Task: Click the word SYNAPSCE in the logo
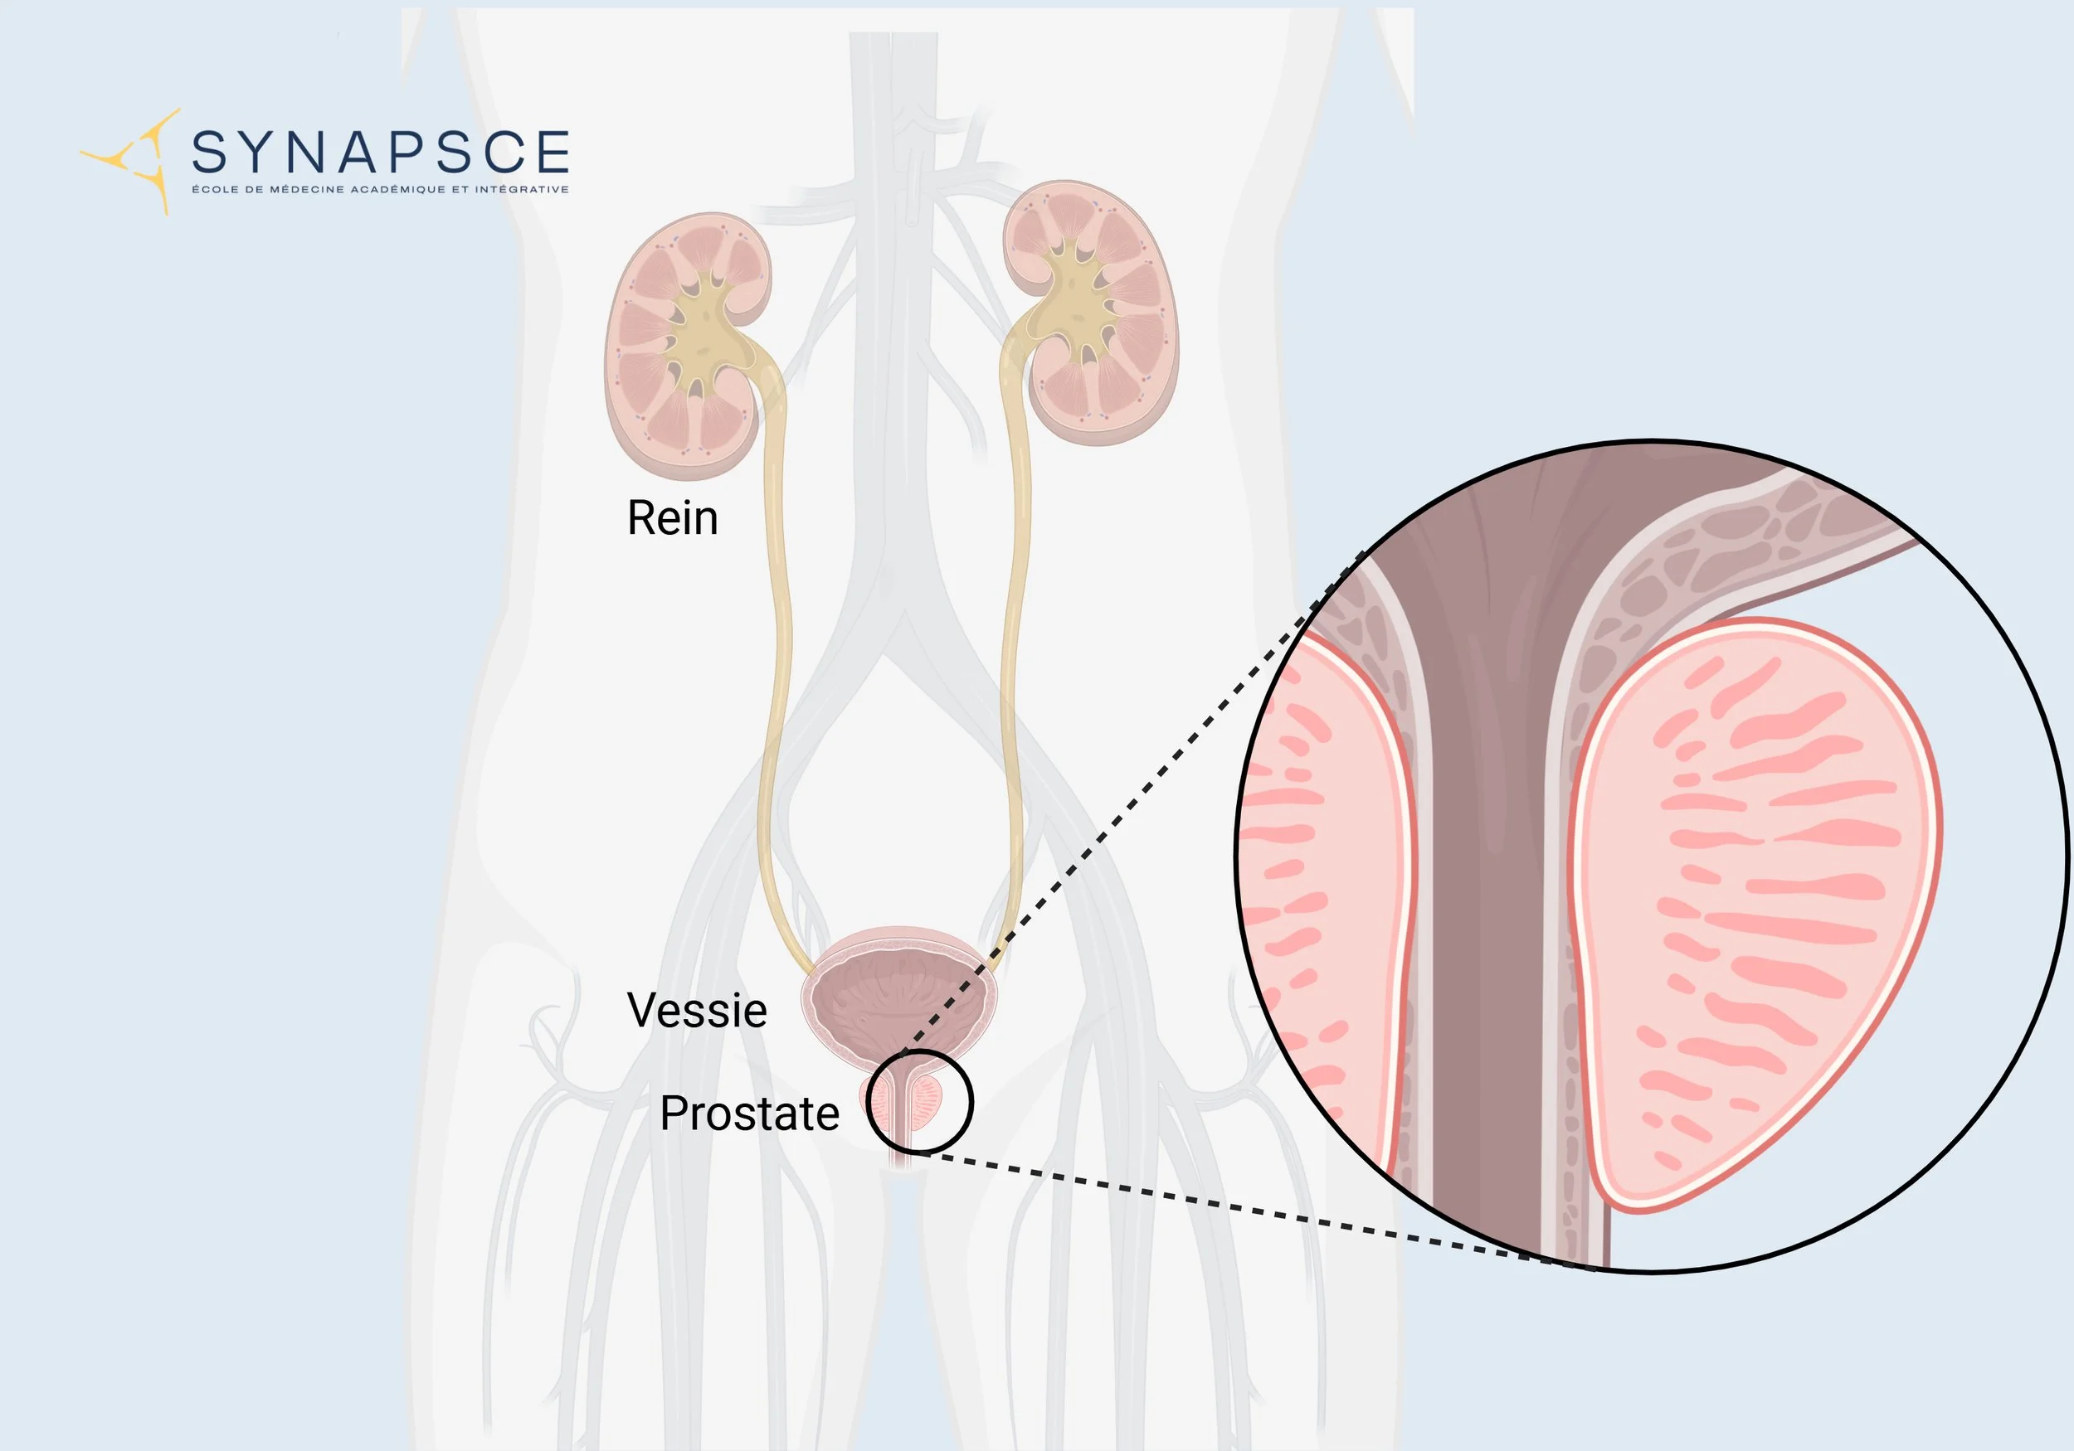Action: [x=380, y=152]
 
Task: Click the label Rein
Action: [x=672, y=518]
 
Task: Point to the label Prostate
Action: [x=749, y=1113]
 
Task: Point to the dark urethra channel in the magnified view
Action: [x=1491, y=903]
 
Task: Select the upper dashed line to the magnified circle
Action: [x=1129, y=803]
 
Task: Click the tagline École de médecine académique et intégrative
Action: [x=380, y=190]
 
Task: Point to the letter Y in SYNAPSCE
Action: [x=257, y=152]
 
